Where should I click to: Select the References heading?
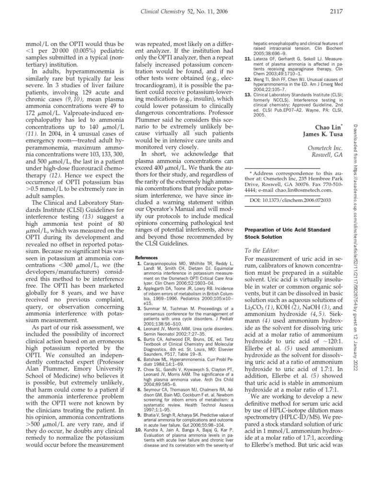pyautogui.click(x=146, y=257)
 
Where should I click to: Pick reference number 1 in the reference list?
pyautogui.click(x=138, y=263)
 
